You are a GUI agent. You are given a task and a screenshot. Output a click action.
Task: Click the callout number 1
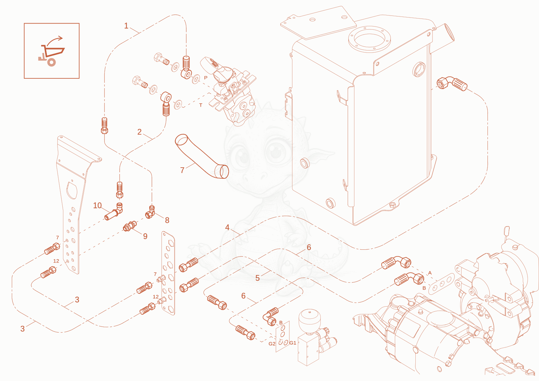pyautogui.click(x=126, y=26)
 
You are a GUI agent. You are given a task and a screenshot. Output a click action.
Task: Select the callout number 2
pyautogui.click(x=139, y=132)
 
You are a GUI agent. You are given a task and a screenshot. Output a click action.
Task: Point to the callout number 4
pyautogui.click(x=227, y=228)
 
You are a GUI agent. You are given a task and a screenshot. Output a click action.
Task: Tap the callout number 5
pyautogui.click(x=257, y=278)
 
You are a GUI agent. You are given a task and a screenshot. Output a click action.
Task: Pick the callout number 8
pyautogui.click(x=167, y=220)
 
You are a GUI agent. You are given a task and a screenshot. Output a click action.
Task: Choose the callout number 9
pyautogui.click(x=145, y=236)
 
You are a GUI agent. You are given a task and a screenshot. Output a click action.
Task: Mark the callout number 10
pyautogui.click(x=97, y=205)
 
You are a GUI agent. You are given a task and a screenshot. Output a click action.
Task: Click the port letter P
pyautogui.click(x=206, y=78)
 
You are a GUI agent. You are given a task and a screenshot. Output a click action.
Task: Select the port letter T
pyautogui.click(x=201, y=105)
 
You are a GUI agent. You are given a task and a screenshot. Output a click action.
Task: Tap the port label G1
pyautogui.click(x=293, y=343)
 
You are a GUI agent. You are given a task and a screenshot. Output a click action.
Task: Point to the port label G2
pyautogui.click(x=272, y=344)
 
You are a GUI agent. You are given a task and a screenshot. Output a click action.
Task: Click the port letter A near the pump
pyautogui.click(x=430, y=273)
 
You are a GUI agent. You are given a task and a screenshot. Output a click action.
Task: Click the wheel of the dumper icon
pyautogui.click(x=52, y=62)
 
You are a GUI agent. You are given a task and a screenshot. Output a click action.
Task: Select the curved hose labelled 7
pyautogui.click(x=202, y=157)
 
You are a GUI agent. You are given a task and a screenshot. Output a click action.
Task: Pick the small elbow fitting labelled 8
pyautogui.click(x=150, y=212)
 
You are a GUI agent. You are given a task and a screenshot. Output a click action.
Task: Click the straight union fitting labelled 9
pyautogui.click(x=130, y=226)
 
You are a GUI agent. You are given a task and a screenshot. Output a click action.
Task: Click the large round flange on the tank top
pyautogui.click(x=369, y=39)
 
